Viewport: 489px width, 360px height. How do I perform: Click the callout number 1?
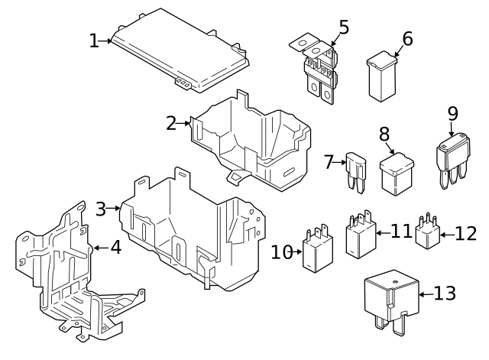click(94, 40)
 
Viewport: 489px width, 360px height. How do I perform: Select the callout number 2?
click(171, 122)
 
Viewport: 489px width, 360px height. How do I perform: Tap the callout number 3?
click(101, 208)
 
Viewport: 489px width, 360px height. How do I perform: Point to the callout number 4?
click(115, 248)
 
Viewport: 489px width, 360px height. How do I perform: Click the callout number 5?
click(344, 27)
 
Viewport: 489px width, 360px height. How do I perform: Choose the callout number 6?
click(406, 38)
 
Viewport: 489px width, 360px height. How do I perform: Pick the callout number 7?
click(329, 161)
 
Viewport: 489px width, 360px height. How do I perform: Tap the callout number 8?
click(384, 135)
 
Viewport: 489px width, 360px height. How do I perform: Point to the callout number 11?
click(401, 230)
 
